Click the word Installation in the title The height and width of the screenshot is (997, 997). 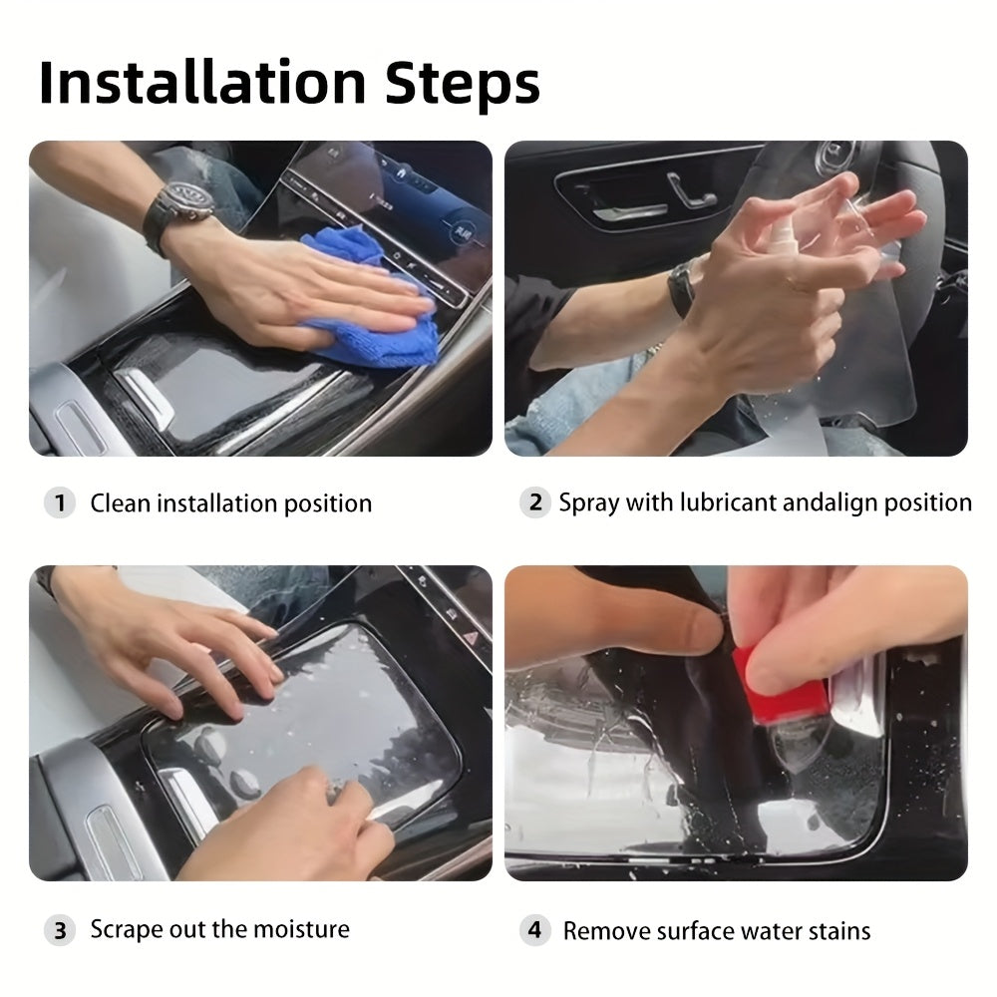click(202, 83)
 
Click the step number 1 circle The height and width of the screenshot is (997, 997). click(60, 502)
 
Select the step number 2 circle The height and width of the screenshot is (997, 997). click(535, 502)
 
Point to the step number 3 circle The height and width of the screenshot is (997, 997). click(60, 930)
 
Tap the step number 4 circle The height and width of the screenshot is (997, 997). click(534, 930)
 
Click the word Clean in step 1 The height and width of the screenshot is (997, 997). click(121, 502)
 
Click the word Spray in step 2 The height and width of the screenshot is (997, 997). click(589, 503)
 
